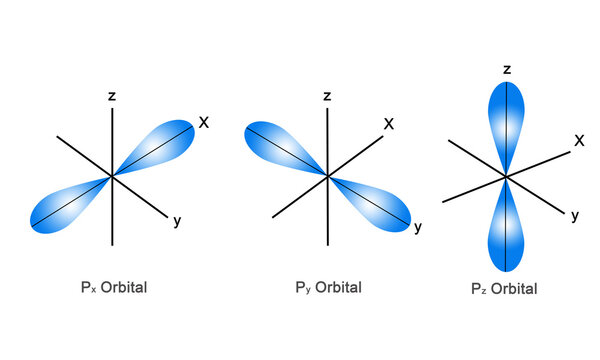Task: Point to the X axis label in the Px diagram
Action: pos(203,123)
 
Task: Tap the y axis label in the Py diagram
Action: pos(418,228)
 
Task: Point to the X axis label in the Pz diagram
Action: pos(579,141)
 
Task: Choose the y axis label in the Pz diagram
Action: pos(575,215)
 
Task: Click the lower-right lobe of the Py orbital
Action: pos(377,205)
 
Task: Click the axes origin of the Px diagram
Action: pos(113,176)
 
